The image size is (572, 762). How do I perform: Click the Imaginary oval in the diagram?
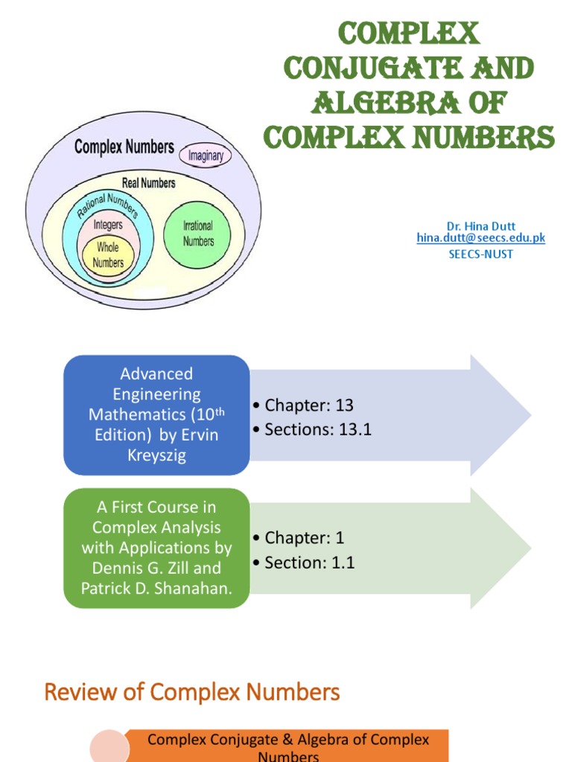coord(206,155)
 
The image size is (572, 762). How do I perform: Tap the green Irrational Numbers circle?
coord(198,234)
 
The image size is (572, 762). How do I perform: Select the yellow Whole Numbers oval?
coord(108,255)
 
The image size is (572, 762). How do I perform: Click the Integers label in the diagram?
coord(108,223)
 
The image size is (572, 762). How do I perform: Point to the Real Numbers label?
coord(149,182)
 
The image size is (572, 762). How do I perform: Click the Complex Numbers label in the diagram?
coord(124,147)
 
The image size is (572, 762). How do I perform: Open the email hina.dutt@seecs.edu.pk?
coord(481,237)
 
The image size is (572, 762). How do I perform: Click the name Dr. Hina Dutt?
coord(480,225)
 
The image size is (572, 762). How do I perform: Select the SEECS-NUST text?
coord(480,254)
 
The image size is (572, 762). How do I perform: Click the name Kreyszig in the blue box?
coord(156,455)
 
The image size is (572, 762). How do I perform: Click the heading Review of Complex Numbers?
coord(192,693)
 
